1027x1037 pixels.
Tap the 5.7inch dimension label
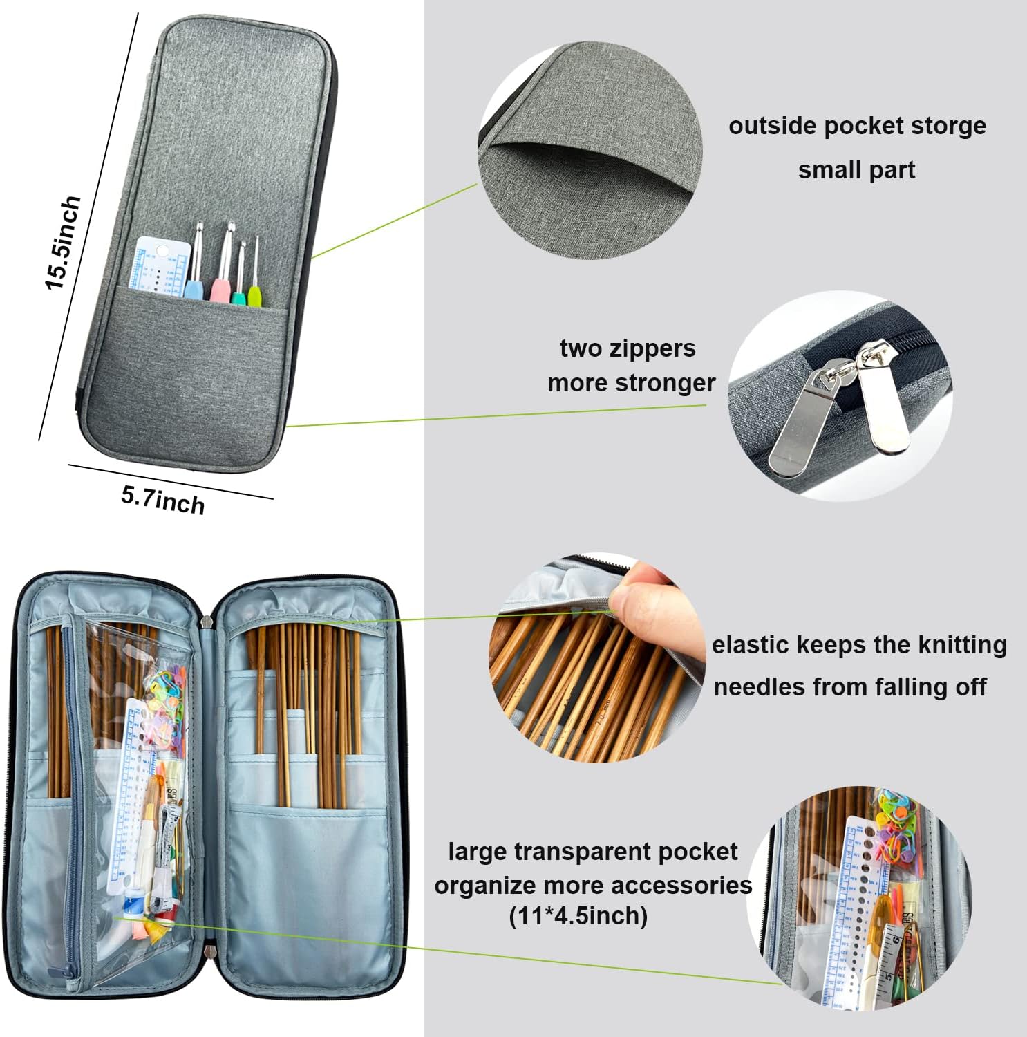click(163, 499)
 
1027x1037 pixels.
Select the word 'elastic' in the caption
click(751, 645)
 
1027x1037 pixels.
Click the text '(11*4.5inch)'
click(578, 917)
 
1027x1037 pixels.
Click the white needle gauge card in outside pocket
click(159, 266)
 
